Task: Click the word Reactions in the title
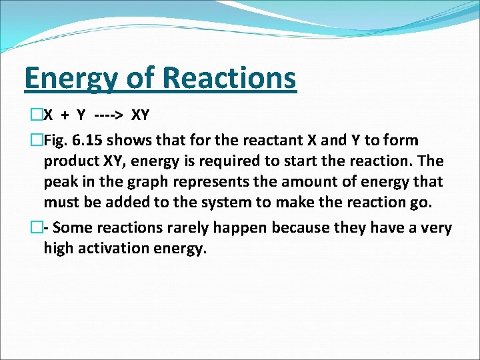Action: click(x=229, y=78)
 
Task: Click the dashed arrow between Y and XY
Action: click(x=109, y=115)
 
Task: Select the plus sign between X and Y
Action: click(x=65, y=115)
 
